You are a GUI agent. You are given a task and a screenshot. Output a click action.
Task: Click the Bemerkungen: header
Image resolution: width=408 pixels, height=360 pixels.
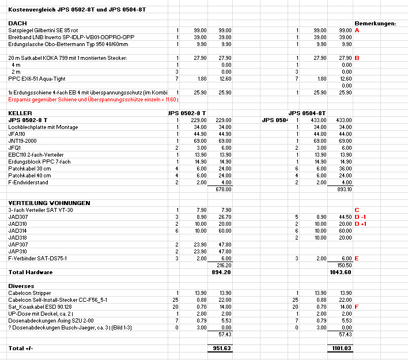click(x=375, y=23)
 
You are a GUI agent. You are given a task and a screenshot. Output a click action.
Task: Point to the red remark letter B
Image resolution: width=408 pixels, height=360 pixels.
click(x=357, y=58)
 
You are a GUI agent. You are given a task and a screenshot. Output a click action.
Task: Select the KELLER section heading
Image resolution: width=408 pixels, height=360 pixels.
click(x=20, y=113)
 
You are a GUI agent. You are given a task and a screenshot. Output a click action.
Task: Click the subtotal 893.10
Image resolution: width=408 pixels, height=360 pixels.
click(x=343, y=189)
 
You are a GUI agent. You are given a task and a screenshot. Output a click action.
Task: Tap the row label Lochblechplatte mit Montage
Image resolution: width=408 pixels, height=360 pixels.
click(x=43, y=127)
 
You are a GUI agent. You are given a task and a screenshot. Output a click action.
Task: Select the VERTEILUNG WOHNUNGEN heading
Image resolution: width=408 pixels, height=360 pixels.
click(x=49, y=203)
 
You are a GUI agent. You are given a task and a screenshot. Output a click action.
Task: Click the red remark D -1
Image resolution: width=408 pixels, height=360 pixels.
click(x=361, y=217)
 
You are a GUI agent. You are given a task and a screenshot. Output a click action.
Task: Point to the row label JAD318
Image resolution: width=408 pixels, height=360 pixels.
click(x=18, y=237)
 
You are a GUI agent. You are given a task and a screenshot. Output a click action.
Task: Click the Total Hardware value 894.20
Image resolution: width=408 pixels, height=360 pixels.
click(x=222, y=271)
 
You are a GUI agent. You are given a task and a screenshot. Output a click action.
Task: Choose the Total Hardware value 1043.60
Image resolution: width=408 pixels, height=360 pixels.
click(x=341, y=271)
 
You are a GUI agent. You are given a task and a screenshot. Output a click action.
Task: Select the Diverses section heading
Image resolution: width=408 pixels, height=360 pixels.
click(x=22, y=286)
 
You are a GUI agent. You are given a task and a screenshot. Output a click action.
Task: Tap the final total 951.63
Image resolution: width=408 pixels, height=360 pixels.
click(x=222, y=348)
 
